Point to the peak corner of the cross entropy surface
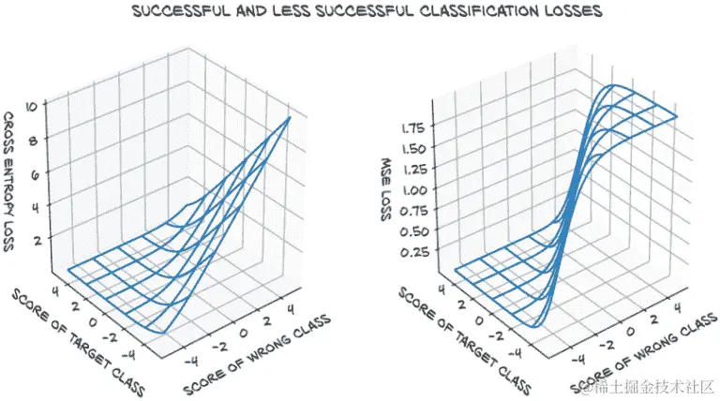(x=290, y=117)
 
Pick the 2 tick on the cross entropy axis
(x=39, y=241)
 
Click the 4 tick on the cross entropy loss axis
(x=37, y=208)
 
